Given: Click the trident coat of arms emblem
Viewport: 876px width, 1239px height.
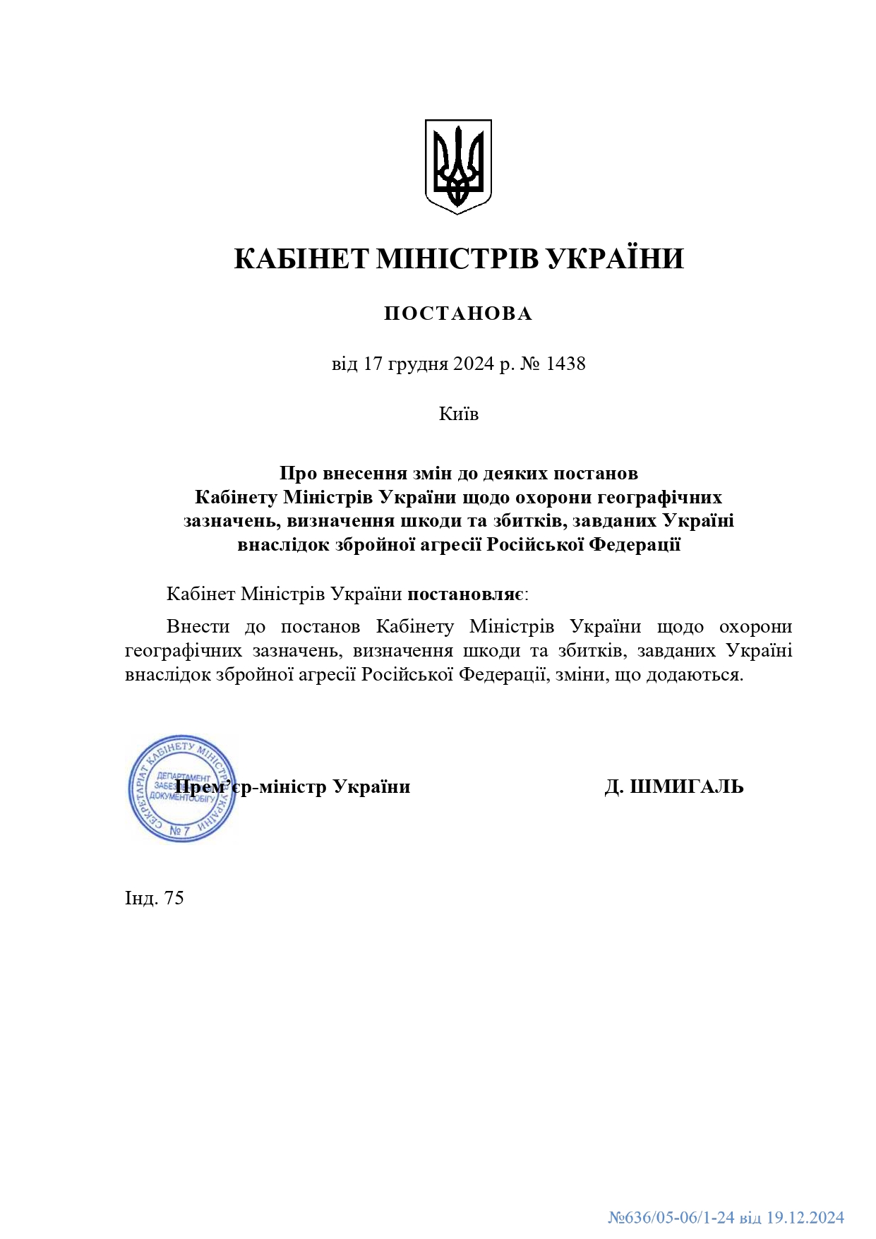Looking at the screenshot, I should coord(457,167).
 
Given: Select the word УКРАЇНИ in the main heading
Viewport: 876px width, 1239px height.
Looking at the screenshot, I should coord(616,259).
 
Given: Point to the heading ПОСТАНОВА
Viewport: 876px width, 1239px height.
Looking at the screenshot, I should coord(458,313).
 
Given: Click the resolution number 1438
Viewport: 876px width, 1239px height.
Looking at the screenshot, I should coord(566,364).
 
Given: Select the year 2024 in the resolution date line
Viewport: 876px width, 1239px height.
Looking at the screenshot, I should coord(474,364).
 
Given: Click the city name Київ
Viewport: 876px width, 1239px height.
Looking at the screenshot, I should coord(458,414).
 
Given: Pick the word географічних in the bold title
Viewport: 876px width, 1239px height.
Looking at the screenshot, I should coord(659,497).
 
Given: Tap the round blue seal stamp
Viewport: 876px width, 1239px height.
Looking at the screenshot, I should coord(181,788).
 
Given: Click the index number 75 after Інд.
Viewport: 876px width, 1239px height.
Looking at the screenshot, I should coord(174,898).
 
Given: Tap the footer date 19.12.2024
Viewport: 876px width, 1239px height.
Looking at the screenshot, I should coord(805,1218).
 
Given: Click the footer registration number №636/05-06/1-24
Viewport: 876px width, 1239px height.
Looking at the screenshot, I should coord(671,1218).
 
